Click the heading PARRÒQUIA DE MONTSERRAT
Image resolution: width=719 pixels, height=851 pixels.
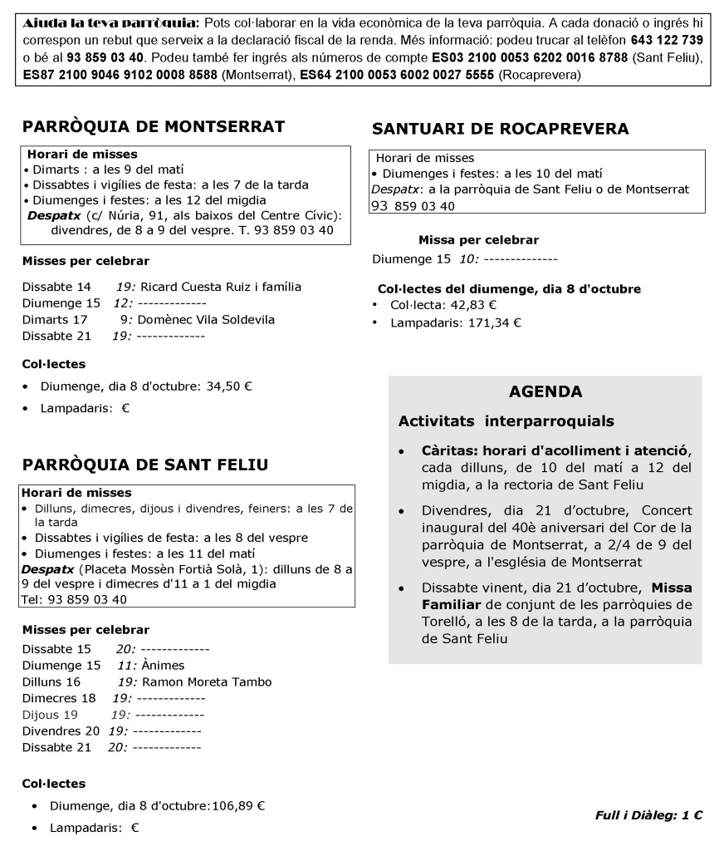(x=154, y=126)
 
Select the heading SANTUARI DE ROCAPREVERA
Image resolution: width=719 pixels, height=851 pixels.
(x=501, y=129)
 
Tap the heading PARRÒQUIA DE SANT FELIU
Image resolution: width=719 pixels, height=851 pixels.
(x=145, y=465)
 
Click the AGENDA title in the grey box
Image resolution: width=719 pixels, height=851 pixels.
(x=545, y=391)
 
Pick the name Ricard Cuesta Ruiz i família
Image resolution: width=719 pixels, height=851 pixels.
(x=220, y=287)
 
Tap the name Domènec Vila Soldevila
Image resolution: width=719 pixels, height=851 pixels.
(x=207, y=319)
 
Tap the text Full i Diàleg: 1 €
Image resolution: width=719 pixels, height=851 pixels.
(x=649, y=816)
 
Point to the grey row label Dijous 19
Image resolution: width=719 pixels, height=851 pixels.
(x=50, y=715)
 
